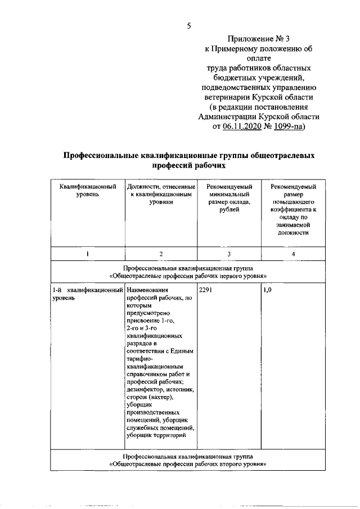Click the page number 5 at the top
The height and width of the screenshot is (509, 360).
point(189,25)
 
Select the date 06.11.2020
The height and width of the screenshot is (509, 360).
point(246,127)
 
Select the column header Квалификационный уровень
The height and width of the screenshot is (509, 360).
point(87,190)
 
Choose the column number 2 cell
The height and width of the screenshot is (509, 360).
point(161,254)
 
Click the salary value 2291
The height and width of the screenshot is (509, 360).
point(207,290)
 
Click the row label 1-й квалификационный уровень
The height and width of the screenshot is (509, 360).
point(87,294)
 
